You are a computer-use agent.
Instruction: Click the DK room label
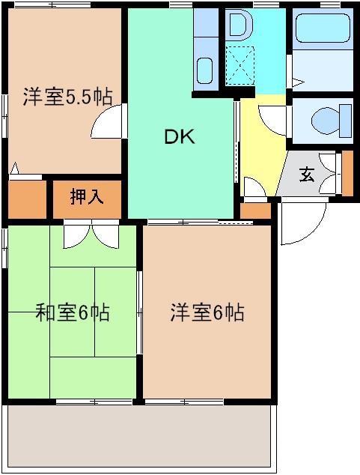coord(180,136)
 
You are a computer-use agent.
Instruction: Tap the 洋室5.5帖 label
coord(67,97)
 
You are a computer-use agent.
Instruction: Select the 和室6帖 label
coord(73,312)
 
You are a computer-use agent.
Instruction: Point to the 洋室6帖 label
coord(207,312)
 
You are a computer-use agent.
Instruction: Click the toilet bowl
coord(330,120)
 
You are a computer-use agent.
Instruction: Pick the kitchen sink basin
coord(205,71)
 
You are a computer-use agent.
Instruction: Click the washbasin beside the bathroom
coord(239,25)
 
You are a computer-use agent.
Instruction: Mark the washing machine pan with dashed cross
coord(240,64)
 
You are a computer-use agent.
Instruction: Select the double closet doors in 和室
coord(91,235)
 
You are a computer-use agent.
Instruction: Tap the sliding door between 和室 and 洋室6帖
coord(139,311)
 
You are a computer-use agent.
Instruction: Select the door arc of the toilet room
coord(274,120)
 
